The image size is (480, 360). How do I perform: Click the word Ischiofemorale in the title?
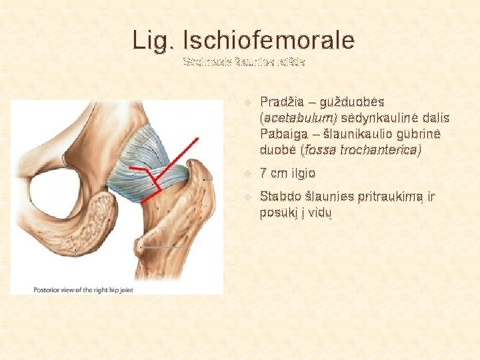[269, 41]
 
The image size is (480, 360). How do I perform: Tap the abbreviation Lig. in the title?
[153, 41]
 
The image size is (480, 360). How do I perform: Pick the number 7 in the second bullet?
[265, 173]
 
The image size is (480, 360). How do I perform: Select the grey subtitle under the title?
[244, 63]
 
